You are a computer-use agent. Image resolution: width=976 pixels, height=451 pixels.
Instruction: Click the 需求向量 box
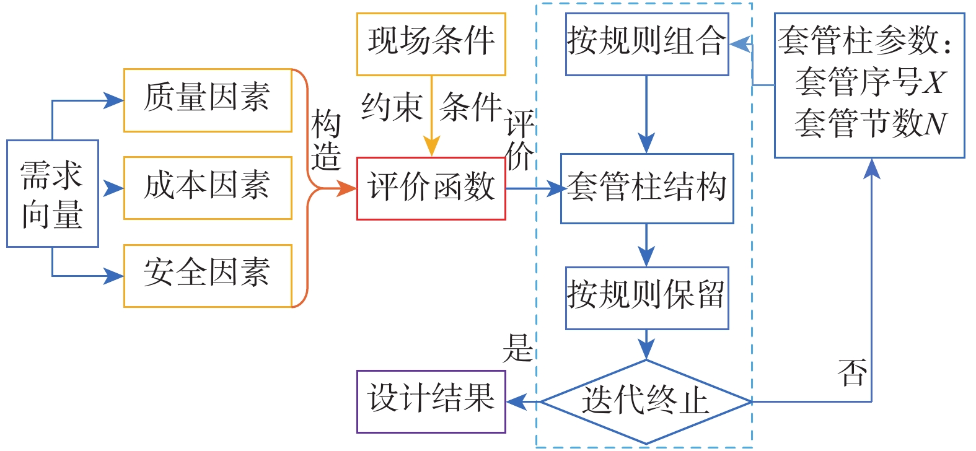53,194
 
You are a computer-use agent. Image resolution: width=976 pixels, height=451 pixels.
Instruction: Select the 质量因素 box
208,100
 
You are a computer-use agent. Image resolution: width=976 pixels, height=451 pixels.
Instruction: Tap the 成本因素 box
208,188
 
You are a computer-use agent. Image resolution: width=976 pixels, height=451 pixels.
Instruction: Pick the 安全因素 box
208,276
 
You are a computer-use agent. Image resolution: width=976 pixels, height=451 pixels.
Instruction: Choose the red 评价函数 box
431,188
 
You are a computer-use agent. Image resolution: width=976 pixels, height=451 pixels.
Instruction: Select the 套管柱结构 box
646,188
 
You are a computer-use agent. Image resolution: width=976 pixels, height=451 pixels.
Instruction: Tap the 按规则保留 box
646,298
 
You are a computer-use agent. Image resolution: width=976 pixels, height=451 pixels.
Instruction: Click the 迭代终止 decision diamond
646,401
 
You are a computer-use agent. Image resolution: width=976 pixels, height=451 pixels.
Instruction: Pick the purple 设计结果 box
431,401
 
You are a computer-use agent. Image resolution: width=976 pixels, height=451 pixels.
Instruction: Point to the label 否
852,372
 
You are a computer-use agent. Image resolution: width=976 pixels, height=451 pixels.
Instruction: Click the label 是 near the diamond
517,348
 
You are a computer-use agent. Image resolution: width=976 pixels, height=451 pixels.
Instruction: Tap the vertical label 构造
326,141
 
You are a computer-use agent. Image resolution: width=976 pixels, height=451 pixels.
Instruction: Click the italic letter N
935,124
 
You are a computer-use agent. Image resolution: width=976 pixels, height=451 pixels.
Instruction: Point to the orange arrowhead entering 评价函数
347,188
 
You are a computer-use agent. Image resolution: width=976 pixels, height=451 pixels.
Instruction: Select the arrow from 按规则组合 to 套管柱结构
646,115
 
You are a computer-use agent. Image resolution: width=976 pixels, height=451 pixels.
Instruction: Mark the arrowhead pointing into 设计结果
516,401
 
